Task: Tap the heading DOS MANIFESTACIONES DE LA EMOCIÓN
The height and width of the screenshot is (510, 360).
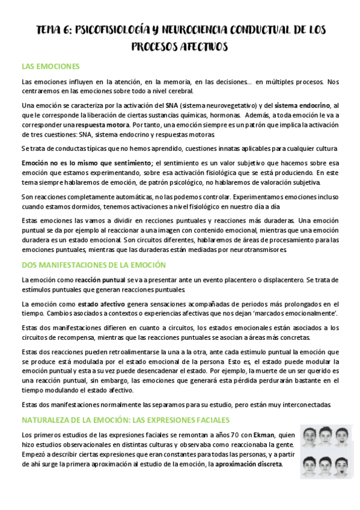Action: [93, 265]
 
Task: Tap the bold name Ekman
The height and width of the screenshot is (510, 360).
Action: [265, 435]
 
